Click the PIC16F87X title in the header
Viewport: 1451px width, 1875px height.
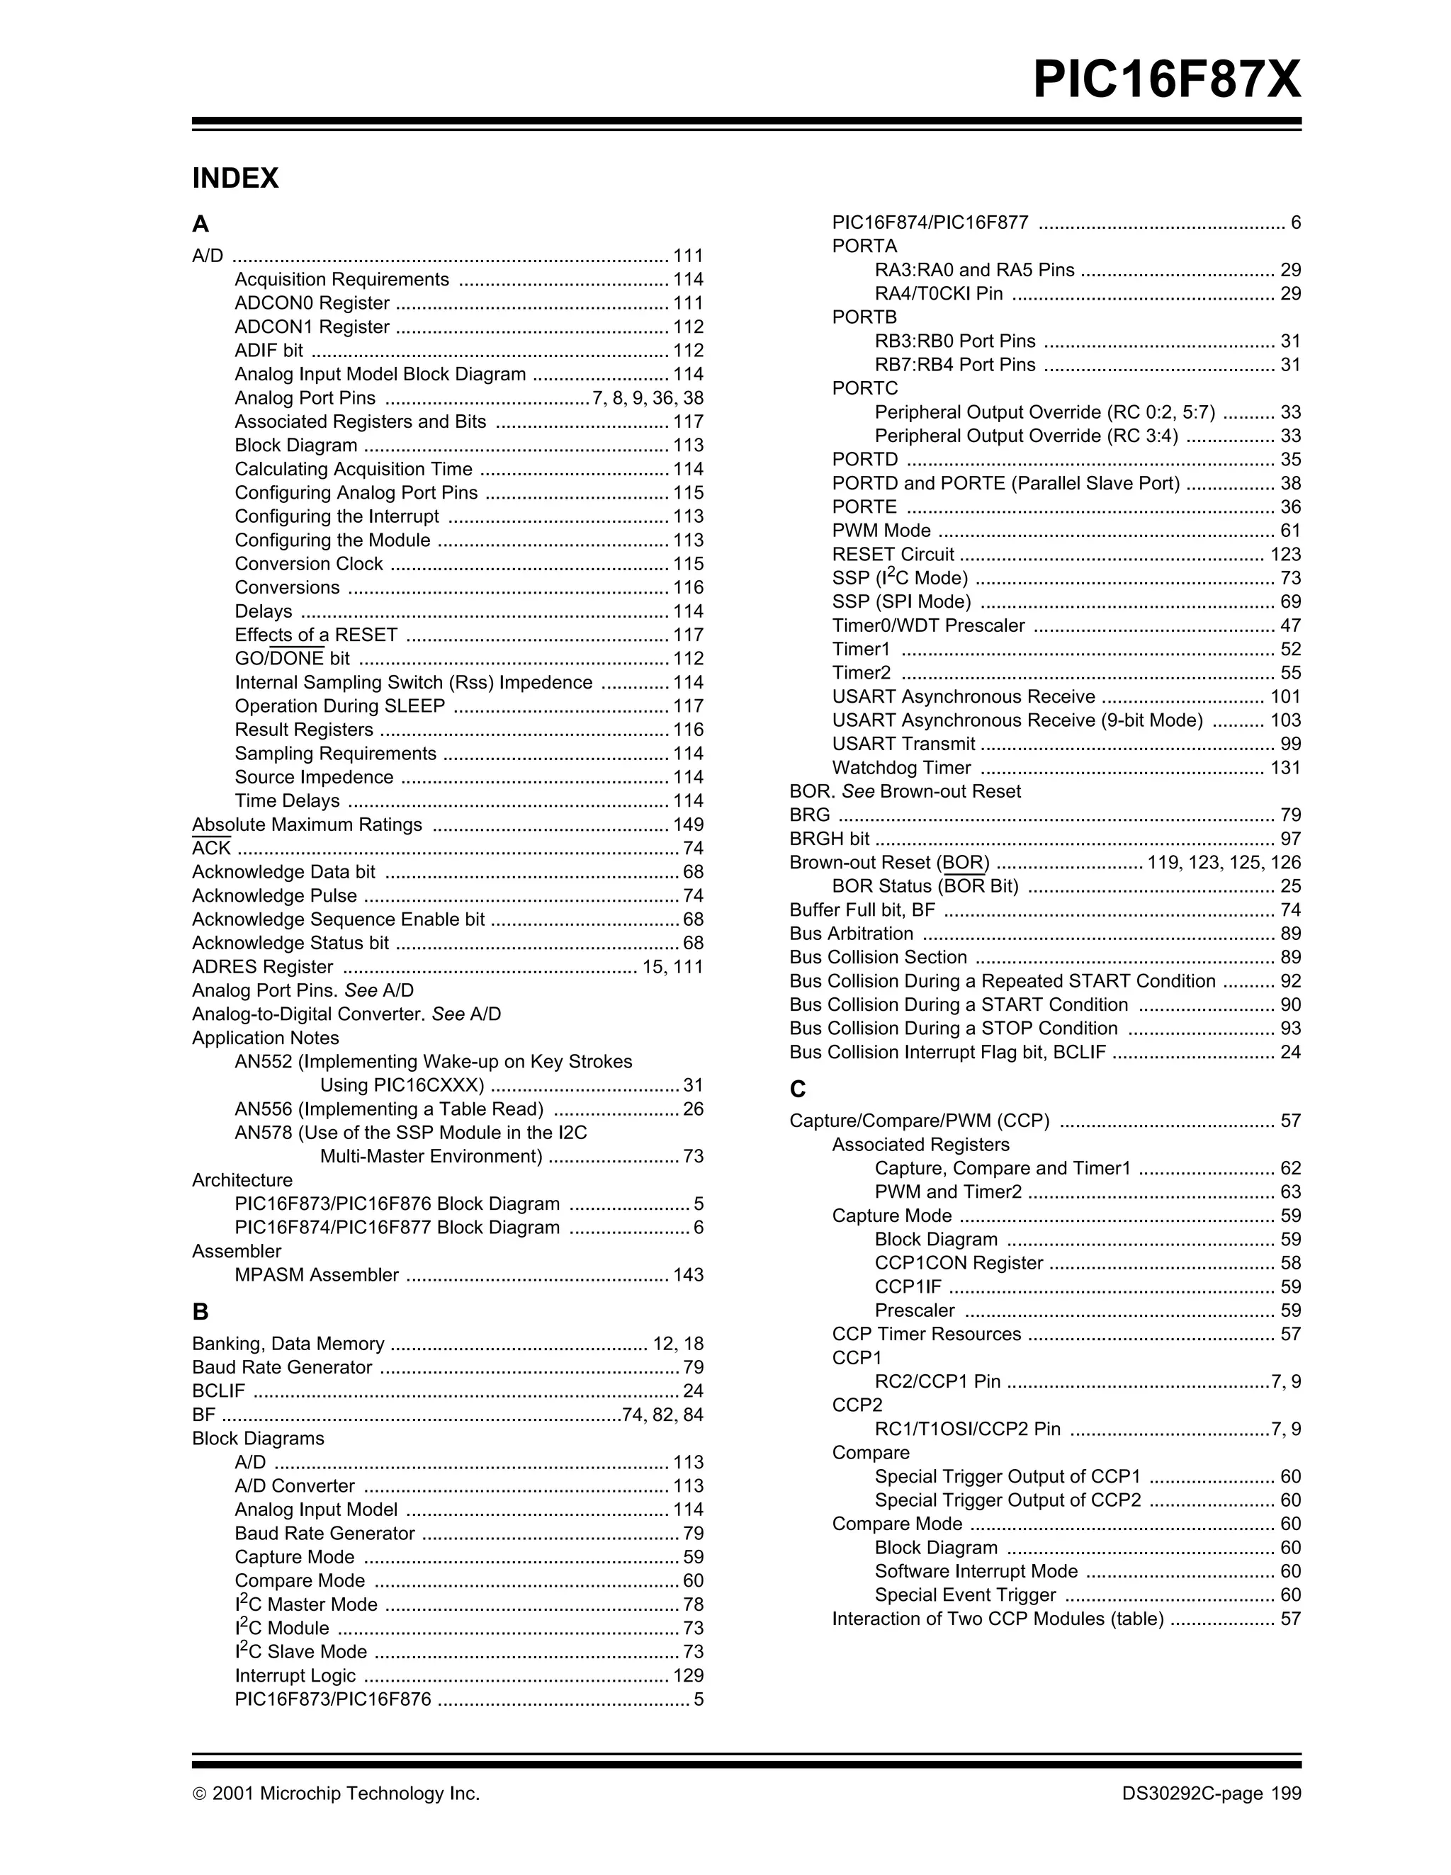[x=1166, y=81]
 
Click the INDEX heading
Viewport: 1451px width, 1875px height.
[x=235, y=179]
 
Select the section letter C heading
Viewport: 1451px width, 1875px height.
[x=798, y=1089]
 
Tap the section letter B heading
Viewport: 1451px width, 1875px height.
[x=200, y=1312]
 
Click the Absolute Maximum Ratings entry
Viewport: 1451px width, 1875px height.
[x=307, y=825]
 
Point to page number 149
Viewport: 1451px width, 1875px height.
[x=688, y=825]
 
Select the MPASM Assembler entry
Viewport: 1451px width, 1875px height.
[x=316, y=1275]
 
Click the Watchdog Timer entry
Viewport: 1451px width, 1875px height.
[x=900, y=769]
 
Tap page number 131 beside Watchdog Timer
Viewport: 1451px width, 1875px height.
[x=1285, y=769]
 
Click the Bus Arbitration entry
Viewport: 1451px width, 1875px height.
[x=851, y=934]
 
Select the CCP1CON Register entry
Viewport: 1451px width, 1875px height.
[x=958, y=1264]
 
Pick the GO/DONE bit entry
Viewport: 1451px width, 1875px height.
[x=292, y=659]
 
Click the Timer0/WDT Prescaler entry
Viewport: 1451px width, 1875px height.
[x=927, y=626]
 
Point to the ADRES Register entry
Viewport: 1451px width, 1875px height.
[x=262, y=967]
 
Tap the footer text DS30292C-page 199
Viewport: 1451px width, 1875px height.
[x=1211, y=1794]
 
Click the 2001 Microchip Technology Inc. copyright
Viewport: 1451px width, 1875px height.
[x=336, y=1794]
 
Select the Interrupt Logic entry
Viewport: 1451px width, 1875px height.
[x=295, y=1676]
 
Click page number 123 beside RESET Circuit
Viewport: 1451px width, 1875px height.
[x=1285, y=555]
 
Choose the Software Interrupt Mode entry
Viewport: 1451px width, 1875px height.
[x=976, y=1571]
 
